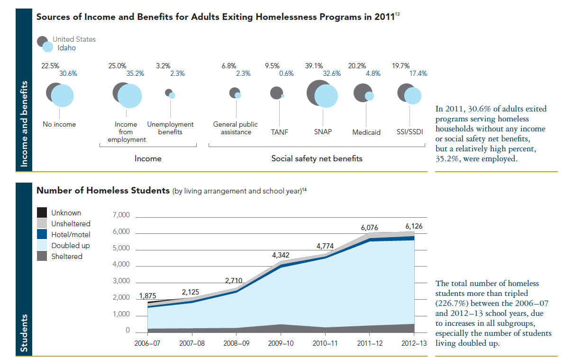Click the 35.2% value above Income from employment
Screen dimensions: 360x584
(135, 74)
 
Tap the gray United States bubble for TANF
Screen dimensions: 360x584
(276, 93)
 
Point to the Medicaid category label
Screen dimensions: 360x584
(366, 132)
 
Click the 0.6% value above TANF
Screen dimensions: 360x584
(286, 74)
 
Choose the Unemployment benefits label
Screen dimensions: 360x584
(170, 128)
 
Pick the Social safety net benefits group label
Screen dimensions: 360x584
(317, 158)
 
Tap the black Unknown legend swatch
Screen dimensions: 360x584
(42, 213)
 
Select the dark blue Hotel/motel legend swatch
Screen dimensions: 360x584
(42, 234)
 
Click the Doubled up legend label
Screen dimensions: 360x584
(71, 246)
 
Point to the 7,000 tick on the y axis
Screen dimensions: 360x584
(121, 215)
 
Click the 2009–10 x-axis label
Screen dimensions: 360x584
(281, 342)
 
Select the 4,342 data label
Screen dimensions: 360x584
(281, 255)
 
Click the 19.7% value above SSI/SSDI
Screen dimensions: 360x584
(401, 66)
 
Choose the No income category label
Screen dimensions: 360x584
(59, 124)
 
